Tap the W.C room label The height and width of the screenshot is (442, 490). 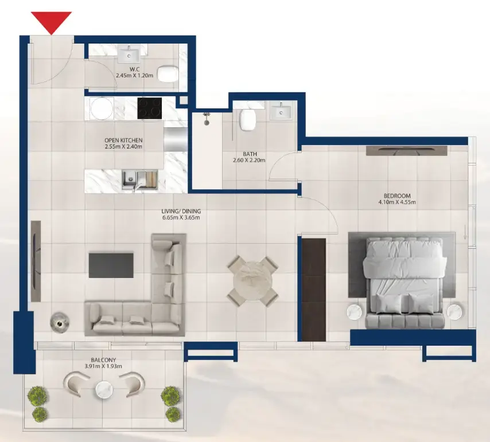(x=123, y=69)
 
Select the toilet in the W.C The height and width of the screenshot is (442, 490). (x=166, y=73)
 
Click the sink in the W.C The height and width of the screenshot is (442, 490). (x=129, y=55)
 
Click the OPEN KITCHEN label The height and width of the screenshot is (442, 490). (x=123, y=140)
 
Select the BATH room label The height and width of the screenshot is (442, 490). (x=250, y=154)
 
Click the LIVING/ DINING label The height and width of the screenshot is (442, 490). (x=181, y=212)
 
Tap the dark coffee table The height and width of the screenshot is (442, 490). (x=111, y=265)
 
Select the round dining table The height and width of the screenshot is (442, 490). (x=252, y=281)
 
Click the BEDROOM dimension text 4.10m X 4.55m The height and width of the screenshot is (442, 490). (x=397, y=202)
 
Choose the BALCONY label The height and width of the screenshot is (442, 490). (x=103, y=359)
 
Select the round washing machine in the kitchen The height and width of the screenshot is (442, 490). (x=102, y=108)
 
